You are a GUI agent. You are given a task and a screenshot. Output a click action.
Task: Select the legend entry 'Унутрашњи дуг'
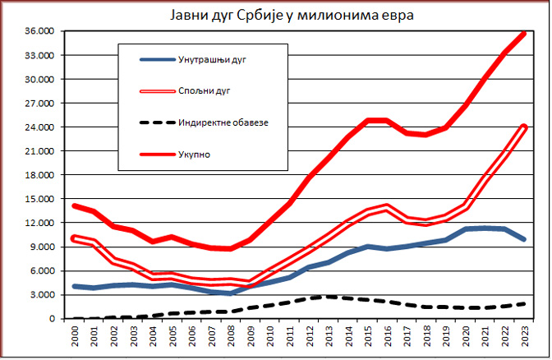click(x=212, y=60)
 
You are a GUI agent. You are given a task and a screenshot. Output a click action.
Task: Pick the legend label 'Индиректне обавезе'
click(x=223, y=123)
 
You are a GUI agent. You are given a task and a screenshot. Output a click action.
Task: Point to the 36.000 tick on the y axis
click(x=39, y=32)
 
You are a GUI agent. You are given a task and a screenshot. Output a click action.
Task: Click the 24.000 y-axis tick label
click(x=39, y=127)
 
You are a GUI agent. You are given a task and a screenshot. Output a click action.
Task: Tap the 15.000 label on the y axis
click(x=39, y=199)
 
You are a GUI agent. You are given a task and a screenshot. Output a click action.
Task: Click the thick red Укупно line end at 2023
click(x=525, y=34)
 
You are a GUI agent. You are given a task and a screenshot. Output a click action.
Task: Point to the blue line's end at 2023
click(x=525, y=239)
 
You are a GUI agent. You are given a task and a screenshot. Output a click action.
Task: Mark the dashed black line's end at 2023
click(x=525, y=303)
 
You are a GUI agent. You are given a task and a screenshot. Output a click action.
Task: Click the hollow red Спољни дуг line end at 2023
click(x=525, y=127)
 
